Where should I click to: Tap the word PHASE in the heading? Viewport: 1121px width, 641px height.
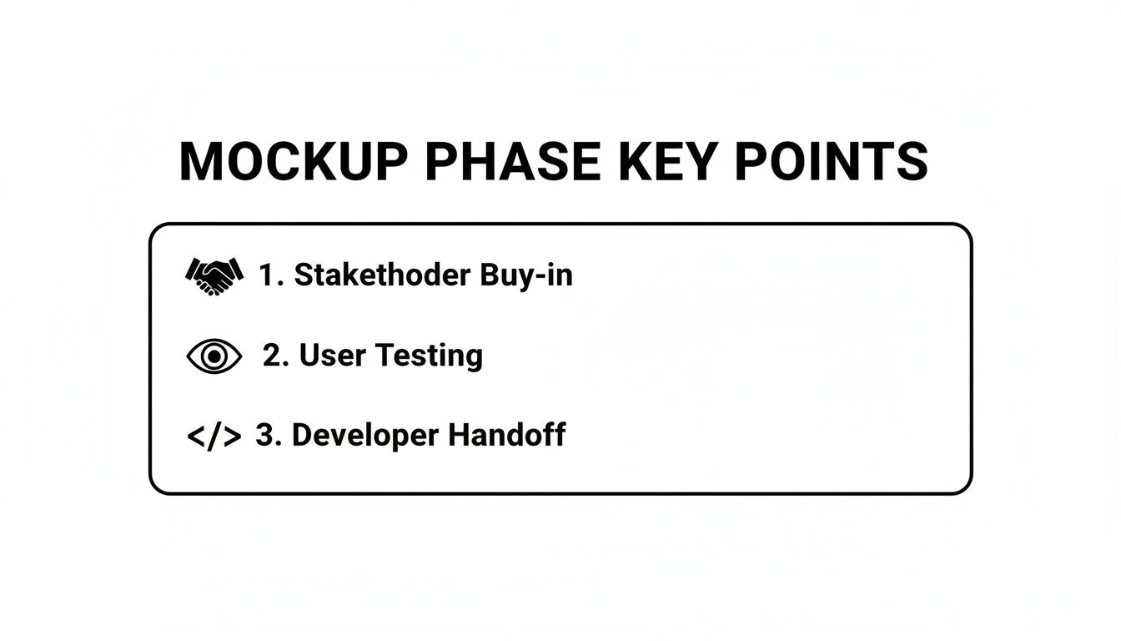point(513,162)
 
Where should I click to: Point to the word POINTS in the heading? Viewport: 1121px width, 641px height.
point(831,162)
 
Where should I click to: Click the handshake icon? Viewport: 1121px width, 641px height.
point(214,275)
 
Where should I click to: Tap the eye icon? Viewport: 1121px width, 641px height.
point(214,356)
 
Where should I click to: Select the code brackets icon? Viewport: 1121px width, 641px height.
point(214,437)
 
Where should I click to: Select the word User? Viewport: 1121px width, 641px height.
point(331,356)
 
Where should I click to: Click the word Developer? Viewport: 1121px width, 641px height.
point(364,437)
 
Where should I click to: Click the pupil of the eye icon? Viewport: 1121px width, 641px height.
point(214,356)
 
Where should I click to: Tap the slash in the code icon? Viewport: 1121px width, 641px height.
point(214,437)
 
